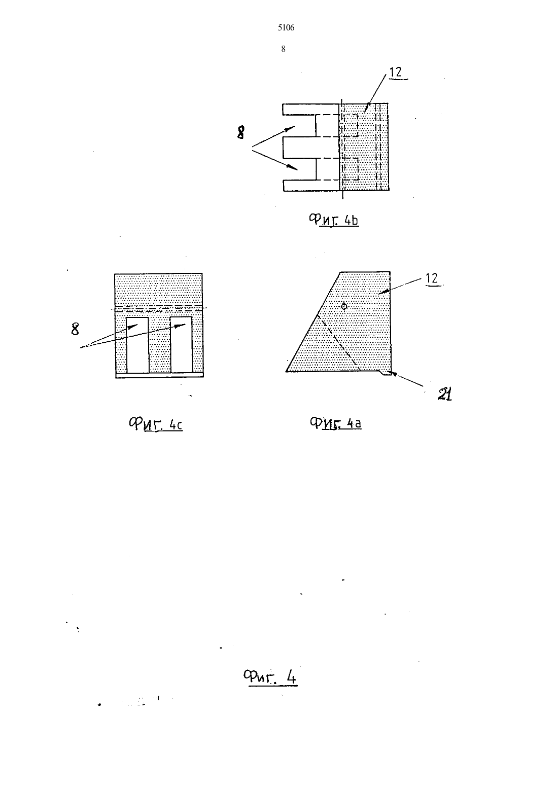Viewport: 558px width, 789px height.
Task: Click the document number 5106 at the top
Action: pos(286,28)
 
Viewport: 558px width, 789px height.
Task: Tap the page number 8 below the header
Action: pos(283,49)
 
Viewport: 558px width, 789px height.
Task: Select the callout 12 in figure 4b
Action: pos(396,72)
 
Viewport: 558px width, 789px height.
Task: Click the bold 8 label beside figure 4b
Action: pos(240,133)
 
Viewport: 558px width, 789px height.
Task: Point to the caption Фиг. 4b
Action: pos(334,220)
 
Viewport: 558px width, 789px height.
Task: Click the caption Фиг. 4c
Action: pos(155,424)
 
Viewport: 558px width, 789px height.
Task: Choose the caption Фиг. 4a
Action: pos(336,423)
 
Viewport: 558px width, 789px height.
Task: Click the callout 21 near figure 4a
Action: pos(444,394)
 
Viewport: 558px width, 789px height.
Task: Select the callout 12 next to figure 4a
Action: pos(432,278)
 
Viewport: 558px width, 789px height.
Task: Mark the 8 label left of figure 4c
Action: pos(75,329)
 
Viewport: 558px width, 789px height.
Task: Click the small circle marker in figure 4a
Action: pos(344,306)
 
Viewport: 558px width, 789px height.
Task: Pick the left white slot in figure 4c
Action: pos(137,345)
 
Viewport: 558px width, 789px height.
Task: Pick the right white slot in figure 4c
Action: pos(182,344)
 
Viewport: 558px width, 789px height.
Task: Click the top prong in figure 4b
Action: pos(310,109)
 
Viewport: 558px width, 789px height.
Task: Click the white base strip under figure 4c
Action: pos(160,375)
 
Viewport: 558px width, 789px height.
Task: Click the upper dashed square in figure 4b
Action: pos(351,125)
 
